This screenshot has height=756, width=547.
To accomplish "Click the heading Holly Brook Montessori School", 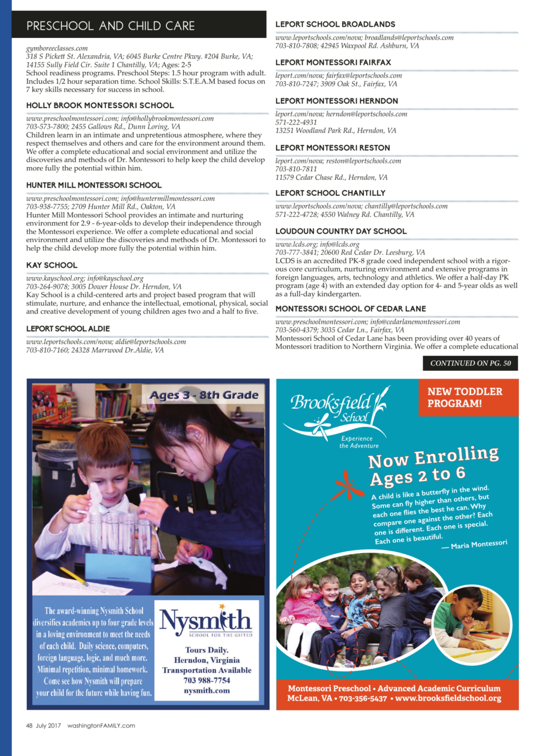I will click(100, 105).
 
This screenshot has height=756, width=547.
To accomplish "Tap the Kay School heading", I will click(52, 265).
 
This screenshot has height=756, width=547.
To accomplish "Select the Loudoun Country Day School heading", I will click(341, 231).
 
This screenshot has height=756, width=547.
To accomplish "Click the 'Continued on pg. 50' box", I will click(470, 363).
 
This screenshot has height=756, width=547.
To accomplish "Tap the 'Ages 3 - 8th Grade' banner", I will click(204, 395).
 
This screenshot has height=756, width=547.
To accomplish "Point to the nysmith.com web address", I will click(207, 690).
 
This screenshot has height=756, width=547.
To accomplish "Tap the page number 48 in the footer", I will click(29, 725).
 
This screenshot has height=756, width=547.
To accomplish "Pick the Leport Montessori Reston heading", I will click(332, 148).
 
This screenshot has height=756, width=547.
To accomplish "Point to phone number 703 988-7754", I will click(207, 680).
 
